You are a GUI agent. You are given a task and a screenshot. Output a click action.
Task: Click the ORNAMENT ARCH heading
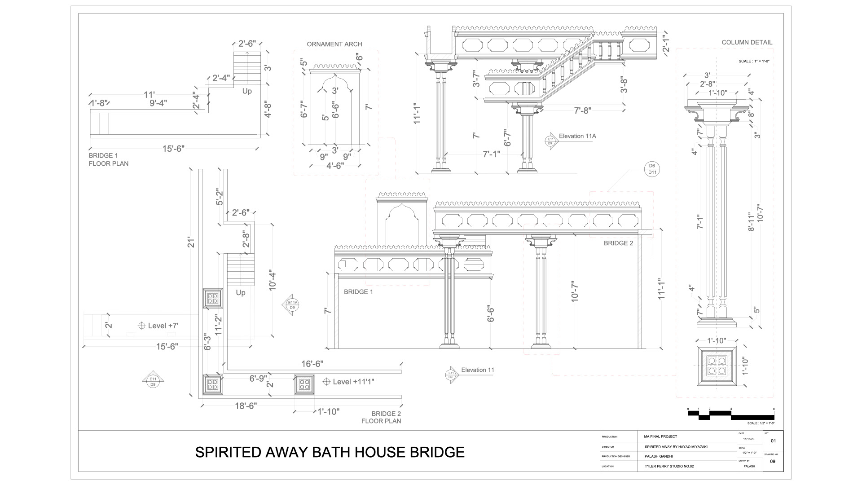coord(334,44)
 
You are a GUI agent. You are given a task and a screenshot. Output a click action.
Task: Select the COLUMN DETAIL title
coord(747,42)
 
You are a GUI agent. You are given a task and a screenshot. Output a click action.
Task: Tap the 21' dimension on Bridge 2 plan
coord(192,242)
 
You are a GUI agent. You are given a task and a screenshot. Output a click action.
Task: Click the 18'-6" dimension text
coord(246,406)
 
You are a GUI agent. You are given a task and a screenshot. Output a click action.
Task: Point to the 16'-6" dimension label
coord(312,364)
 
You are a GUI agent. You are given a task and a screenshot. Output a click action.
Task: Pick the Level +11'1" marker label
coord(353,382)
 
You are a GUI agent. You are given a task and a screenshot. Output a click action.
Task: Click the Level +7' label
coord(163,326)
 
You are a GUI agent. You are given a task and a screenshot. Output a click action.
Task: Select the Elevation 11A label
coord(577,136)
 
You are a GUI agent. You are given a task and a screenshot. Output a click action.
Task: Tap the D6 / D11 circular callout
coord(652,169)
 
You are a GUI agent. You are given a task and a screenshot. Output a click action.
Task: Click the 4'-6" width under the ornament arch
coord(335,166)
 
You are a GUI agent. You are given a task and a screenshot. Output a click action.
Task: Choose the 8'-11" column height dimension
coord(752,222)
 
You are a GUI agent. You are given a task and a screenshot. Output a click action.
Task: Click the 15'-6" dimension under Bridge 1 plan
coord(173,149)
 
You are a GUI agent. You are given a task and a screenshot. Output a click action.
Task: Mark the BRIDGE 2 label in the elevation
coord(618,243)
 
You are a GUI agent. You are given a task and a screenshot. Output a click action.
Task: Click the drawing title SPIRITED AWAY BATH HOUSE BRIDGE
coord(330,452)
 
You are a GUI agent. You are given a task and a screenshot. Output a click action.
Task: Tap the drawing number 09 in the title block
coord(772,461)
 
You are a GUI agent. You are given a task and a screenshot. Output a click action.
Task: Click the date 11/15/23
coord(749,439)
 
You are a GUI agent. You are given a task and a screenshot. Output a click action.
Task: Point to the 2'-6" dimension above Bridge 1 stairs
coord(247,44)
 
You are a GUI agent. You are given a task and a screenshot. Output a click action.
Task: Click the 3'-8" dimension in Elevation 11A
coord(624,86)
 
